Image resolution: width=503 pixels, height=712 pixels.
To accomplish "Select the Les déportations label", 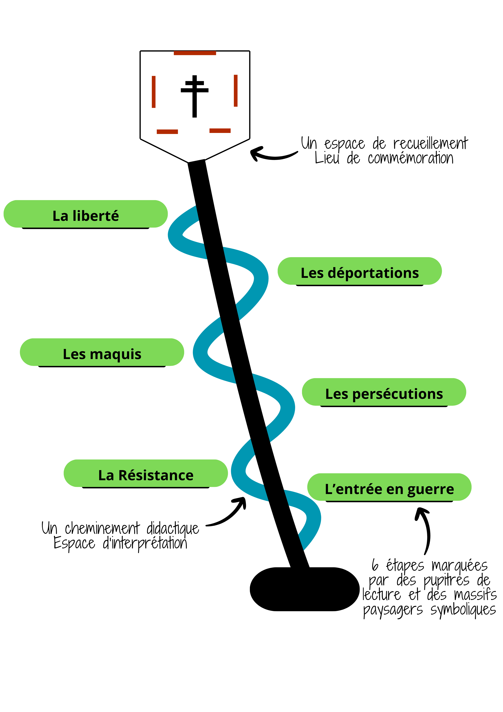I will point(360,271).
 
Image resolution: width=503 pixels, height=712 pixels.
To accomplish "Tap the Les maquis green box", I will point(102,352).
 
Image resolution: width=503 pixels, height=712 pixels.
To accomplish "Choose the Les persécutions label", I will point(384,392).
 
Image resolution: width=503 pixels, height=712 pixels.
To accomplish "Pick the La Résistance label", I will point(146,474).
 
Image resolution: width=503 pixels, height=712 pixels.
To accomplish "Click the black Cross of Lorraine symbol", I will point(195,96).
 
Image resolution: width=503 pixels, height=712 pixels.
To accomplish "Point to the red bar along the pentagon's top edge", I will point(195,53).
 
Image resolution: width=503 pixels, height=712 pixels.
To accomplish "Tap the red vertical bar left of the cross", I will point(153,92).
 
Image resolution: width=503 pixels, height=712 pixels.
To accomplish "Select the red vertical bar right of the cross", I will point(235,91).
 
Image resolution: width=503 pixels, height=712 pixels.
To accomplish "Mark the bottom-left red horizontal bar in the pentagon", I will point(167,132).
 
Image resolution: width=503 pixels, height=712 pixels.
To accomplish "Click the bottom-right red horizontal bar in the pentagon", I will point(220,131).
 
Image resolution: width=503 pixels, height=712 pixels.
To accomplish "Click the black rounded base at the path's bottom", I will point(304,589).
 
